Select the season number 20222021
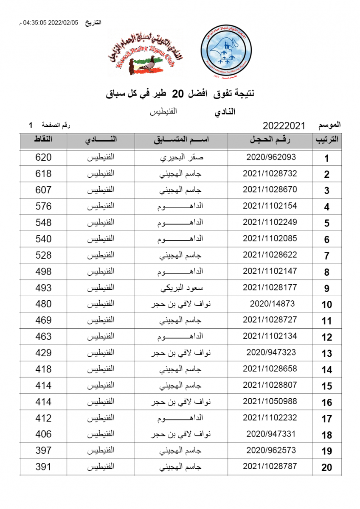(284, 126)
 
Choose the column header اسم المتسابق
(181, 140)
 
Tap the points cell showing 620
(43, 157)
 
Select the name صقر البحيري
(181, 157)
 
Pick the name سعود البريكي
(181, 288)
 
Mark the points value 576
(43, 206)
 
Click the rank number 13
(326, 354)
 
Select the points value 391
(43, 467)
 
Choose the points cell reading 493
(43, 288)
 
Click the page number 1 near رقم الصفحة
(31, 126)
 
